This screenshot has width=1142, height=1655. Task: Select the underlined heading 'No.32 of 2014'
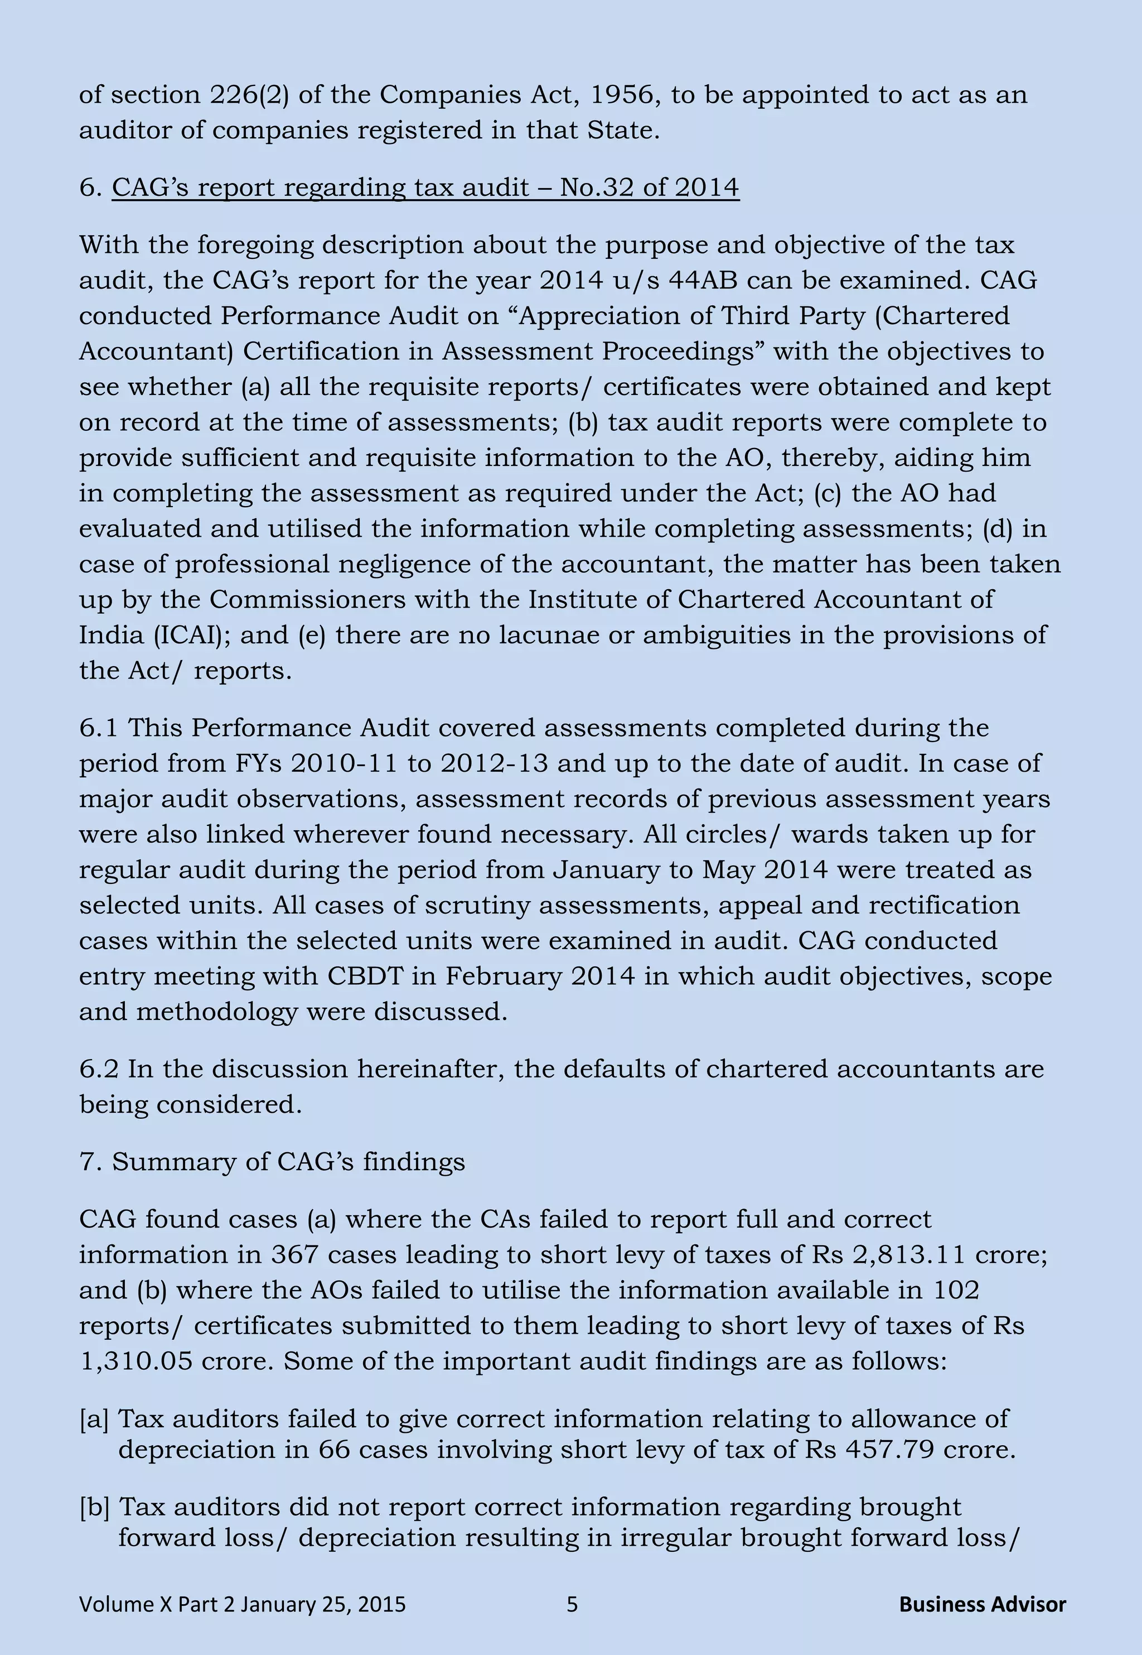pyautogui.click(x=649, y=187)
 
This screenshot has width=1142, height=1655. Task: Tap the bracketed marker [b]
pyautogui.click(x=94, y=1507)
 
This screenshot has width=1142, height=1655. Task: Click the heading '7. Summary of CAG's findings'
pyautogui.click(x=272, y=1161)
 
